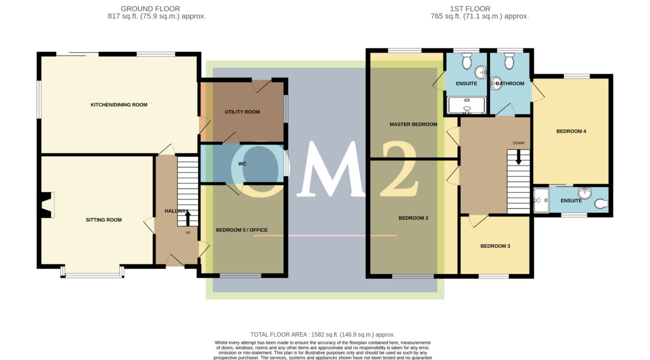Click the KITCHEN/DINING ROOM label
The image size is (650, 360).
pyautogui.click(x=119, y=104)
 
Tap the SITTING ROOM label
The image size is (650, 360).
pyautogui.click(x=103, y=220)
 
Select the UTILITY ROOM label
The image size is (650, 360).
pyautogui.click(x=242, y=112)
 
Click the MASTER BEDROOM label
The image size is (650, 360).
pyautogui.click(x=413, y=124)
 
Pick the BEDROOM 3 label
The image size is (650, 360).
pyautogui.click(x=495, y=246)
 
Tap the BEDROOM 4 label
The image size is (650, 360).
pyautogui.click(x=571, y=132)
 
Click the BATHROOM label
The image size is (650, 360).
pyautogui.click(x=510, y=84)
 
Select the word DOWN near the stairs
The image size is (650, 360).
pyautogui.click(x=518, y=143)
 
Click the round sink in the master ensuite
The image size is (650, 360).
pyautogui.click(x=480, y=72)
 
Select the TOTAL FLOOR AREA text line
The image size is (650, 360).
pyautogui.click(x=322, y=334)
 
